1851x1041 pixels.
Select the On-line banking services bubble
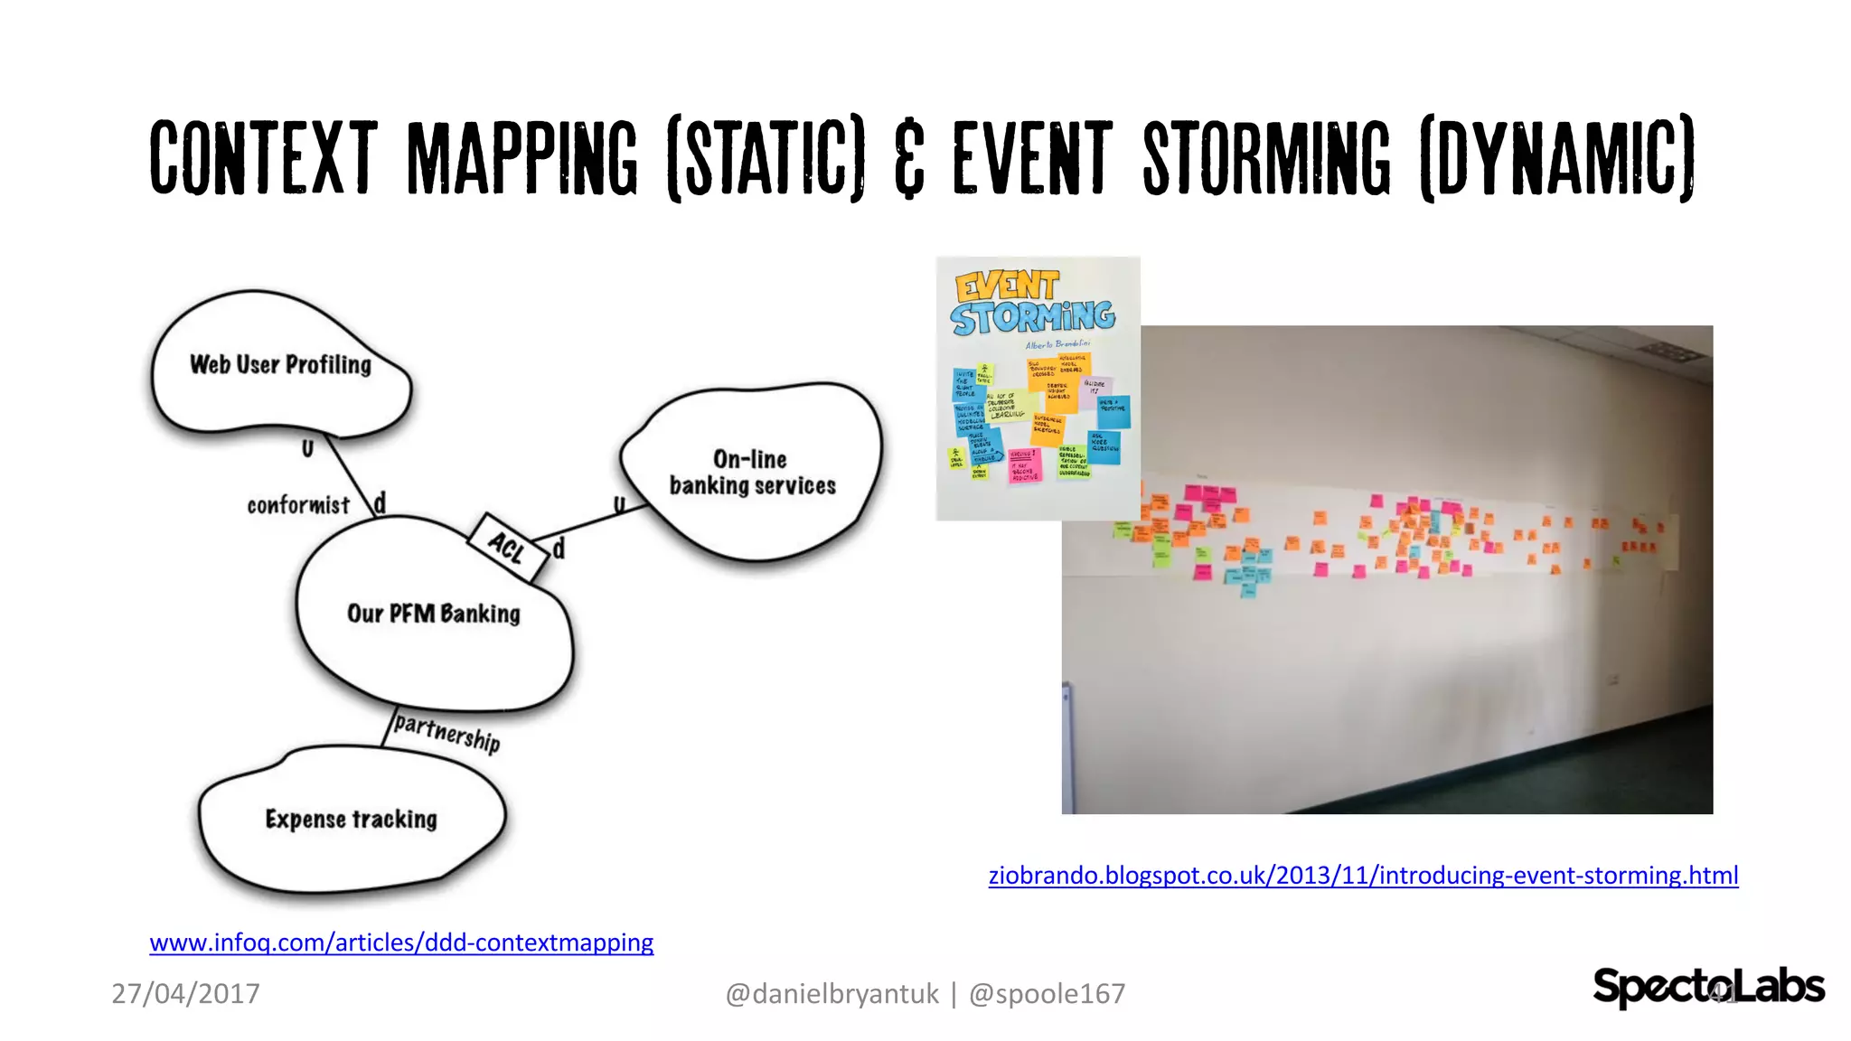point(752,473)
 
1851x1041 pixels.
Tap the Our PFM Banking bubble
point(434,614)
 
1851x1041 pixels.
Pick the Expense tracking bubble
point(352,819)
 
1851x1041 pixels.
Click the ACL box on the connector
point(508,547)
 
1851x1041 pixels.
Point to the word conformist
point(297,505)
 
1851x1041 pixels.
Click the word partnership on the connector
point(447,733)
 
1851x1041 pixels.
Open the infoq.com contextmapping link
point(401,943)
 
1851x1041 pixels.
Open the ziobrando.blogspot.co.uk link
point(1363,875)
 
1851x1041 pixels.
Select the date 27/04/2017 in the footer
point(185,993)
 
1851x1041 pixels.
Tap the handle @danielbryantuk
point(832,993)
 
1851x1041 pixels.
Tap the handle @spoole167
point(1047,993)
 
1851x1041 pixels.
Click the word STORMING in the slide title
point(1267,157)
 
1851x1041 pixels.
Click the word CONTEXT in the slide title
point(263,157)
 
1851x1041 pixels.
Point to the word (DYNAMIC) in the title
point(1557,157)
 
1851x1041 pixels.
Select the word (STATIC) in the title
point(766,157)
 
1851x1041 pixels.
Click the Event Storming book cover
point(1038,389)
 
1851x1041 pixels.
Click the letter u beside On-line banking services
point(619,505)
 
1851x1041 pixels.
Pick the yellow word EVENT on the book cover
point(1007,286)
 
